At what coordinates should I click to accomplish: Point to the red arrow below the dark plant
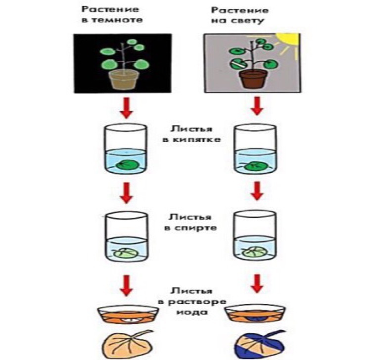point(126,108)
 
